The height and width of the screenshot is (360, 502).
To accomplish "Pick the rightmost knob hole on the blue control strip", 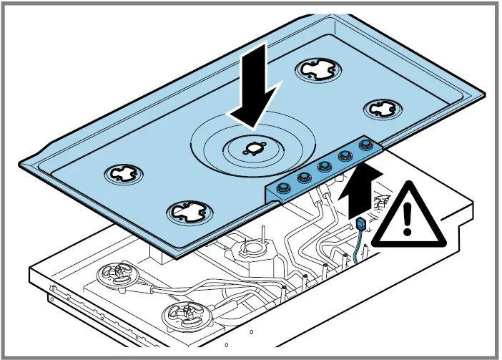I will tap(367, 145).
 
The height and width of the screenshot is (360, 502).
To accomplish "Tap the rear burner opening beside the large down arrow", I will tap(314, 69).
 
